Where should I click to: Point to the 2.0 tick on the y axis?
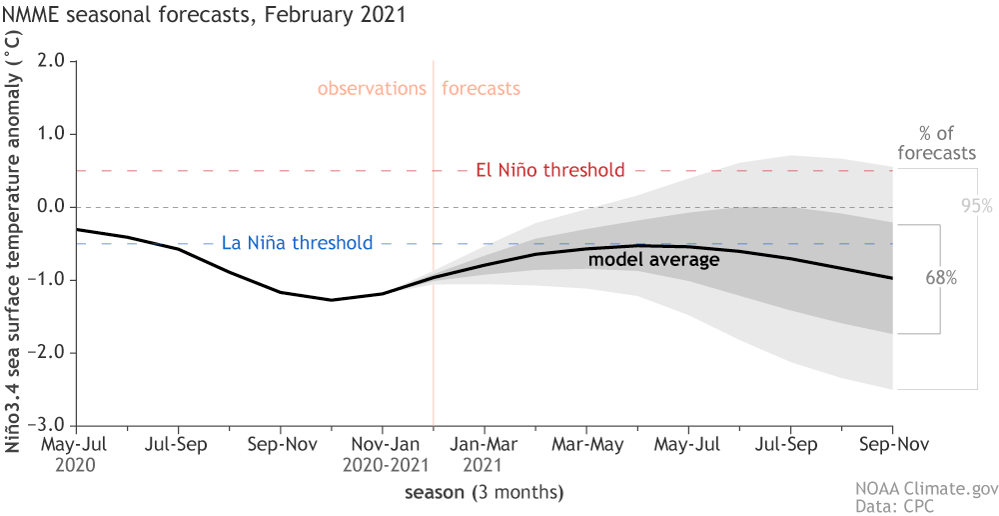coord(50,61)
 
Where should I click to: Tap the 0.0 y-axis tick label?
coord(50,207)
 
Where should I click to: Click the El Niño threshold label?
coord(549,170)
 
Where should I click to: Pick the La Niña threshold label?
coord(284,243)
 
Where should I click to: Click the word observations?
coord(372,88)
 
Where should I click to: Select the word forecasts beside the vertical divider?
coord(481,88)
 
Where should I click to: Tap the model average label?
coord(653,260)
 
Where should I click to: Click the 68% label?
coord(941,279)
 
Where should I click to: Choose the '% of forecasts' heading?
coord(936,143)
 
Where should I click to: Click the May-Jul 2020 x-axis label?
coord(76,452)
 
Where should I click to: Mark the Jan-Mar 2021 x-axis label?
coord(485,452)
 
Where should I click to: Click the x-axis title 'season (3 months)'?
coord(484,492)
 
